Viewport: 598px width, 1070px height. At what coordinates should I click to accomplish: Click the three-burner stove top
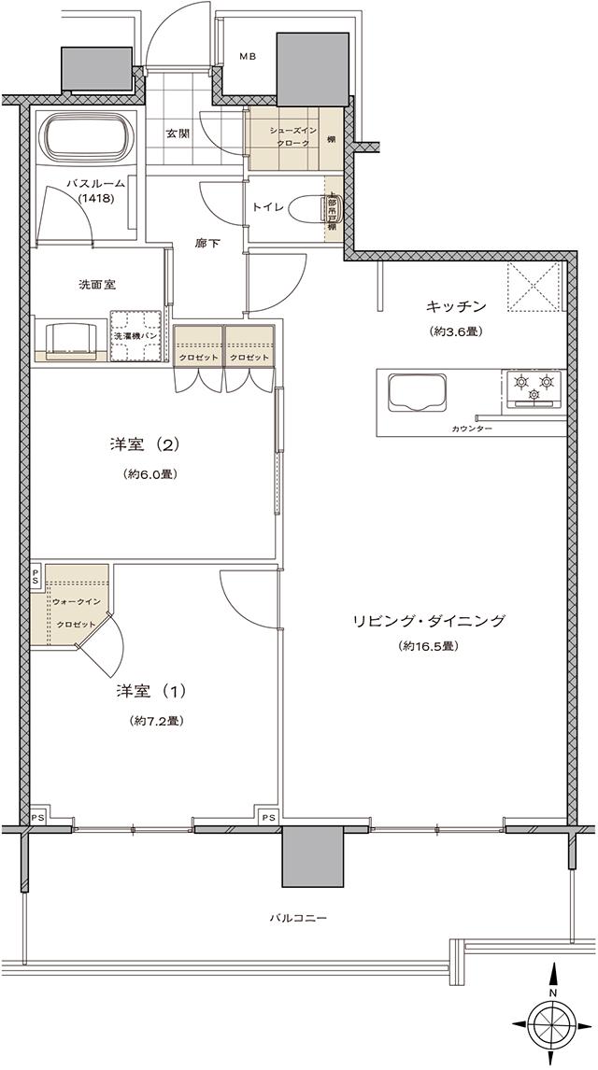(x=534, y=387)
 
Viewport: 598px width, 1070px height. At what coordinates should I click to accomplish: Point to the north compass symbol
(x=553, y=1017)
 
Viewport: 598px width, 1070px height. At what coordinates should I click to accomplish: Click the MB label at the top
(x=247, y=57)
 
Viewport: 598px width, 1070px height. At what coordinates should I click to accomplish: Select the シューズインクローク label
(x=283, y=137)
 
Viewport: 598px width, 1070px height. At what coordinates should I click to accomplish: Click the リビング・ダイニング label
(x=430, y=620)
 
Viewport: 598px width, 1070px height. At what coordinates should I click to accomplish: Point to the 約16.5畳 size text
(x=430, y=646)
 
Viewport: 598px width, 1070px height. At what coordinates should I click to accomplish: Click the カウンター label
(x=472, y=429)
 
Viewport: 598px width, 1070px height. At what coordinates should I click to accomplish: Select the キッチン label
(x=457, y=305)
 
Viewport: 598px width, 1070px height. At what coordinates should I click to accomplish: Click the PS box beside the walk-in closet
(x=36, y=575)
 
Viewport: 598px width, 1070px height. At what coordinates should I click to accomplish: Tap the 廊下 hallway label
(x=207, y=243)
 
